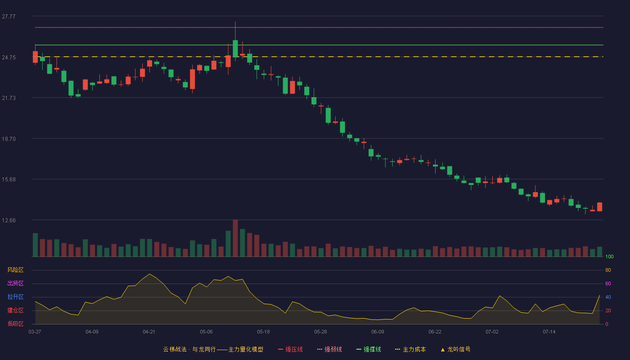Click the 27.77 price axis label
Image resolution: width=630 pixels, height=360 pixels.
tap(9, 17)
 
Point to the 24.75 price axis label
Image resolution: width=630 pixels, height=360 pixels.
tap(9, 58)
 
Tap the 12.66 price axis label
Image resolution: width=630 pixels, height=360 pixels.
tap(9, 220)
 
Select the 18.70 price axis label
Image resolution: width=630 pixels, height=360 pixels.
tap(9, 139)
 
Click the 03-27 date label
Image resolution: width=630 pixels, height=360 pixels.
tap(35, 332)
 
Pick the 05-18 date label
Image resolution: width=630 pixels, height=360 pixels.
tap(263, 332)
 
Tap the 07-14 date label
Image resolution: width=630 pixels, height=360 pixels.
tap(549, 332)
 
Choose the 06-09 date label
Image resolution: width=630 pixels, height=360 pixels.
tap(378, 332)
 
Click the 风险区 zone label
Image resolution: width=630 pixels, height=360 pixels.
tap(15, 270)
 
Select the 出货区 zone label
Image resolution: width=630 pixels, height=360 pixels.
tap(15, 283)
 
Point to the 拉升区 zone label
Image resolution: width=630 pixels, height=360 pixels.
tap(15, 297)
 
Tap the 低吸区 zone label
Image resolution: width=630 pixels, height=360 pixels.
tap(15, 324)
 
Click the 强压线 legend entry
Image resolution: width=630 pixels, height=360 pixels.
tap(291, 349)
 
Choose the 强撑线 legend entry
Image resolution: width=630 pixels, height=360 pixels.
tap(369, 349)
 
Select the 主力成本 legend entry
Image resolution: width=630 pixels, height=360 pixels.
tap(410, 349)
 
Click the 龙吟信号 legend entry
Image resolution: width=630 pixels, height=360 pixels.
tap(455, 349)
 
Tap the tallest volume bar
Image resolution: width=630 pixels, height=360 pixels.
tap(235, 238)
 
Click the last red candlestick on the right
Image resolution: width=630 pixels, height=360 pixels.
tap(599, 207)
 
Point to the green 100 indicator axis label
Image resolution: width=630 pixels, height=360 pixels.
tap(609, 256)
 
